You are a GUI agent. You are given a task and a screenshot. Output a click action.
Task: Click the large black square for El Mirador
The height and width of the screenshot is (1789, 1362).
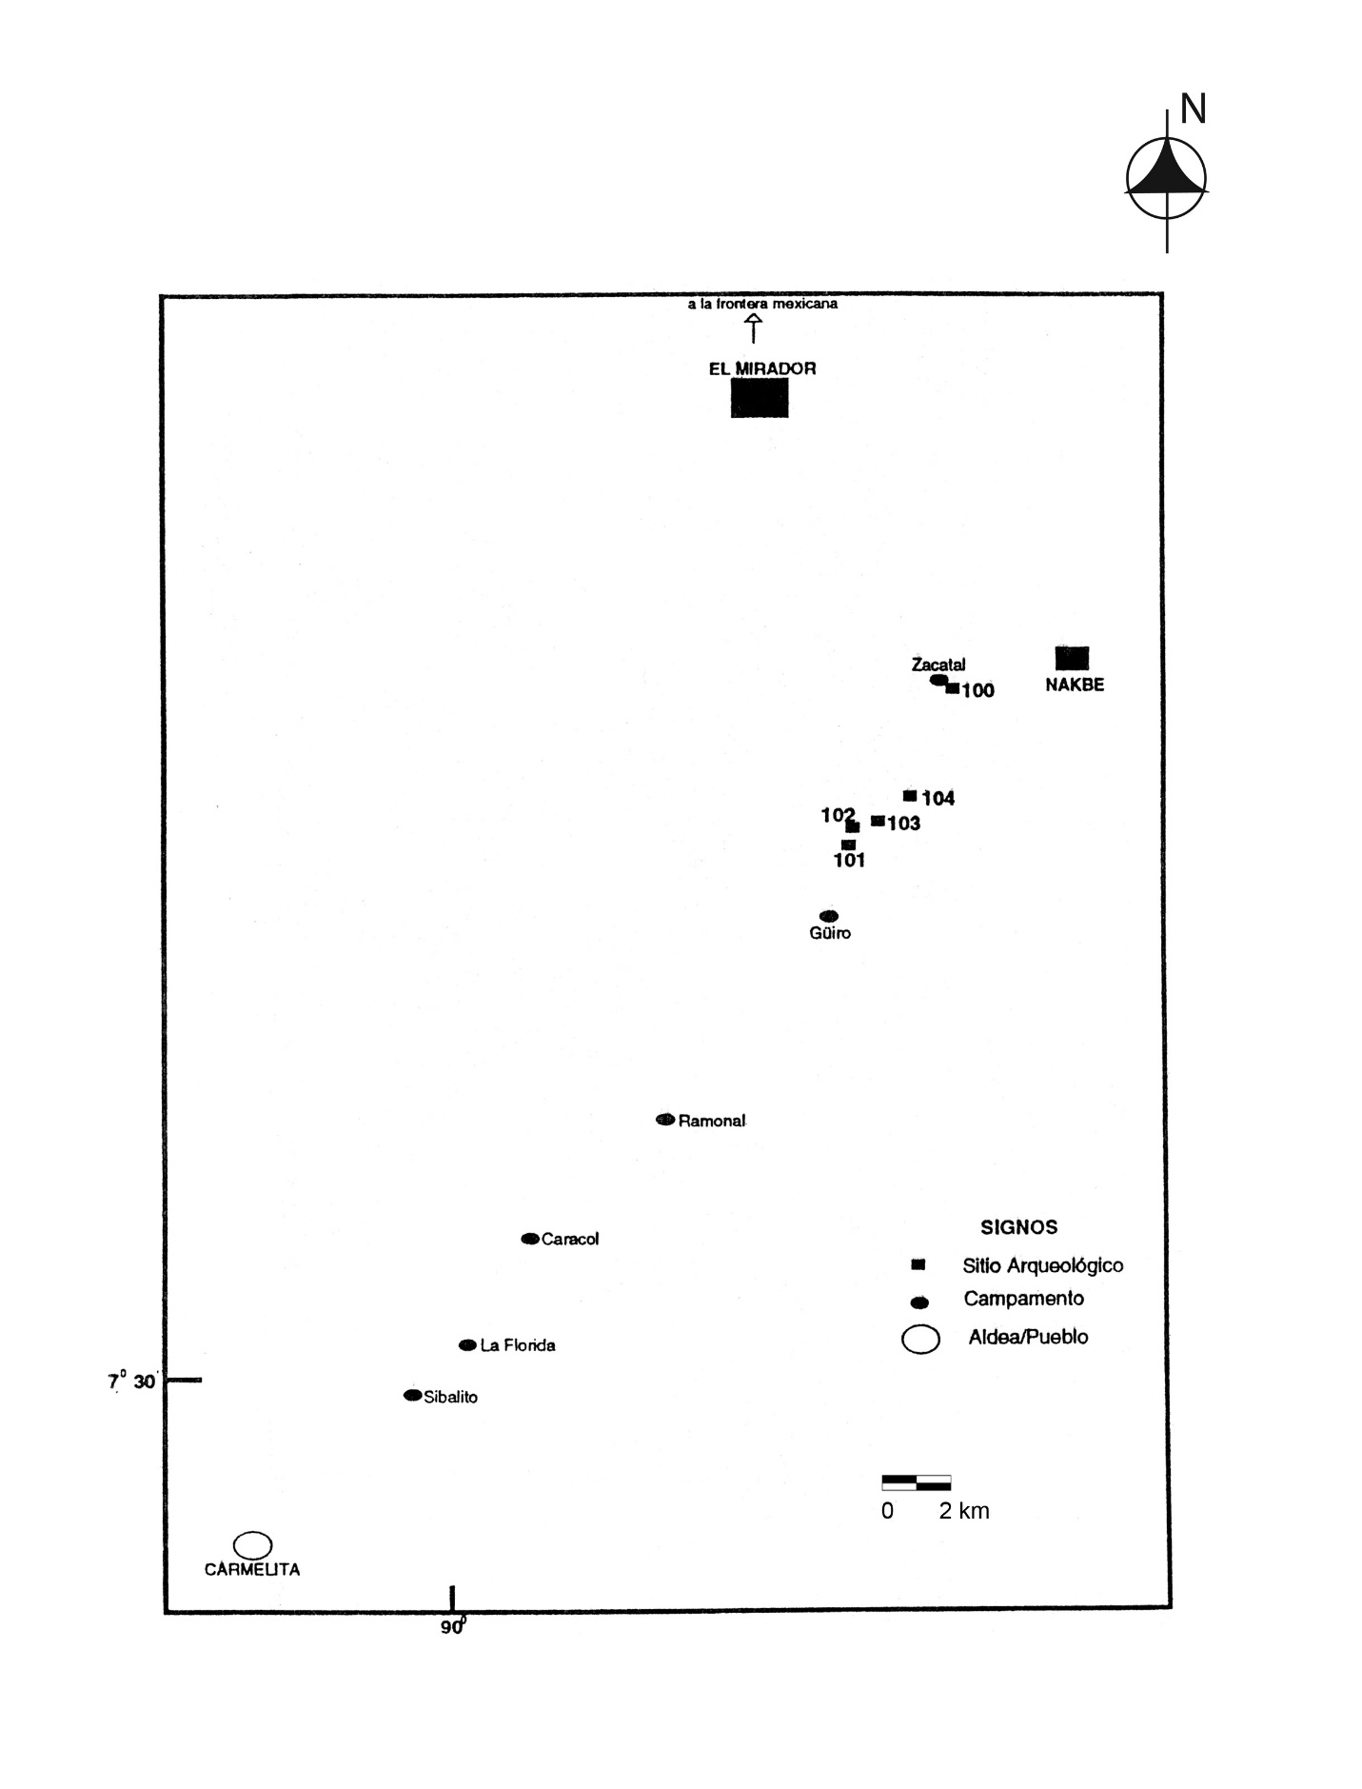tap(760, 398)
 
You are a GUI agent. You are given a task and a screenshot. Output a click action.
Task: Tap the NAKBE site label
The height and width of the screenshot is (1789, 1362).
tap(1075, 685)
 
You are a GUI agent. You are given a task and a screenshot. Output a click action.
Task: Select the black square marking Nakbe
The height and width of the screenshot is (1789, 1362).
tap(1072, 658)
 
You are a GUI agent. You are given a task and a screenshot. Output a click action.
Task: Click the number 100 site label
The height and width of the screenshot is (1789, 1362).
tap(977, 691)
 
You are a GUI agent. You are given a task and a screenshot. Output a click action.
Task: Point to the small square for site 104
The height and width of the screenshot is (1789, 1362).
tap(910, 795)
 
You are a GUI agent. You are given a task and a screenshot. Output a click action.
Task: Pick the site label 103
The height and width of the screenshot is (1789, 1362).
tap(904, 824)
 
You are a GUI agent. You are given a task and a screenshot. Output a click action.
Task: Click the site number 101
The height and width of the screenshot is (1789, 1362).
tap(849, 861)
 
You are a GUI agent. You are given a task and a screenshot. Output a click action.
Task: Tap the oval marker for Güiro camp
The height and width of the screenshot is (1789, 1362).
tap(829, 916)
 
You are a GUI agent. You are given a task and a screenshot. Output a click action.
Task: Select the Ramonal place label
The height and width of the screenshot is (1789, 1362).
tap(712, 1121)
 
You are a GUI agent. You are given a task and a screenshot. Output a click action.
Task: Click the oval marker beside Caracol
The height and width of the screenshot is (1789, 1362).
tap(530, 1239)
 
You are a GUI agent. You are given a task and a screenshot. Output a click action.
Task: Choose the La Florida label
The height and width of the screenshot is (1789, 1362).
tap(518, 1345)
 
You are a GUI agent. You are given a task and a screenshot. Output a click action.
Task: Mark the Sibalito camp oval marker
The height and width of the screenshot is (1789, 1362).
tap(412, 1395)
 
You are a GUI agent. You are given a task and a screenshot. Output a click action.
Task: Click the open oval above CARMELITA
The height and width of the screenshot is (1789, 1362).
tap(253, 1544)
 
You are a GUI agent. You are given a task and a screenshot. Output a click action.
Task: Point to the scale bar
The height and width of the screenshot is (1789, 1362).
tap(917, 1482)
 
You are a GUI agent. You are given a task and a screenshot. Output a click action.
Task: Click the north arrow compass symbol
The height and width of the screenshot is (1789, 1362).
tap(1166, 179)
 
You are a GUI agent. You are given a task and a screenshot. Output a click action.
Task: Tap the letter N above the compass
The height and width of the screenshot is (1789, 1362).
tap(1194, 109)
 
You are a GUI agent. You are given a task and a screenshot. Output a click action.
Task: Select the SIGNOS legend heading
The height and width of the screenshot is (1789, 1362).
tap(1019, 1227)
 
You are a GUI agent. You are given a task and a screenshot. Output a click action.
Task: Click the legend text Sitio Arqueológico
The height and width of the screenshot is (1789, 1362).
tap(1043, 1265)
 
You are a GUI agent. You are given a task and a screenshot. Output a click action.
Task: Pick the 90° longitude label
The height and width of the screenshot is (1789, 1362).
tap(453, 1627)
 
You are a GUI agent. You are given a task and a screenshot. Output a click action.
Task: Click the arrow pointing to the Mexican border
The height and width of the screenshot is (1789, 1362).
tap(754, 328)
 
